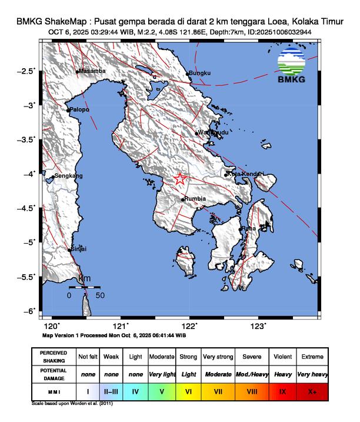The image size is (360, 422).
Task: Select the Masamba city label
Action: point(92,71)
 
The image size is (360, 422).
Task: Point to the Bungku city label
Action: point(199,74)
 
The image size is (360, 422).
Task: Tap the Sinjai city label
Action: point(79,249)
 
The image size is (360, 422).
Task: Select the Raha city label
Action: point(248,228)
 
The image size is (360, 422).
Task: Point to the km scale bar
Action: point(84,287)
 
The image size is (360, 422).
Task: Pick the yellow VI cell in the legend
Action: point(188,390)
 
